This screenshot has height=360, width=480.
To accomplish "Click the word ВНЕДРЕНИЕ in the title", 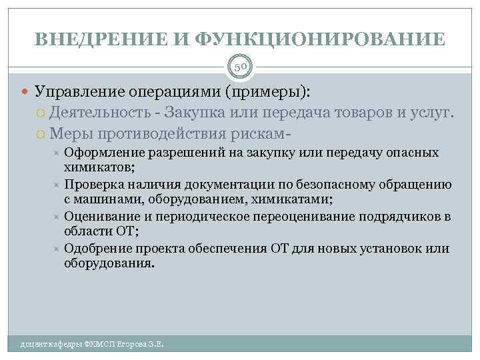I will [102, 39].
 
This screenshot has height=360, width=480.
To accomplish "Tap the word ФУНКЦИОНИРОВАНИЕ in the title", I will [321, 39].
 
